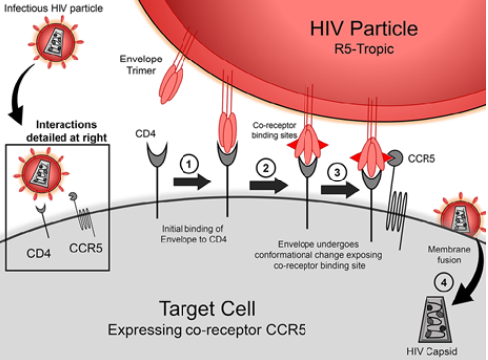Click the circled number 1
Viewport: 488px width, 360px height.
click(189, 164)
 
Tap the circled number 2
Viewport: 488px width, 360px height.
click(266, 168)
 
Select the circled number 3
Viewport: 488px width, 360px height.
click(337, 172)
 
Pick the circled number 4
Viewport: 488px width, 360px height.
click(444, 283)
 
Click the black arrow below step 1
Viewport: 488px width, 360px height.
click(192, 181)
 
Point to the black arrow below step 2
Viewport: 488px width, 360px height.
click(269, 185)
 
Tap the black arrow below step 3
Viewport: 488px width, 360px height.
click(340, 189)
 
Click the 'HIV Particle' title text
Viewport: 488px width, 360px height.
click(364, 28)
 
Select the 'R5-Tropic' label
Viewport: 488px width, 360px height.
click(364, 49)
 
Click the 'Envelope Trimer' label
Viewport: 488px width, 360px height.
click(141, 64)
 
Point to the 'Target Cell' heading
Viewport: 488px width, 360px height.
click(207, 309)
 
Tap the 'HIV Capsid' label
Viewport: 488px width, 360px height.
click(431, 351)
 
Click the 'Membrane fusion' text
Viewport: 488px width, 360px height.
click(449, 254)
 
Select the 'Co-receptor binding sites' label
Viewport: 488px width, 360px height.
click(274, 130)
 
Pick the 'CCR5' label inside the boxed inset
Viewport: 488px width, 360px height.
click(86, 248)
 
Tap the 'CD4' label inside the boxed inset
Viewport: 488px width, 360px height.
click(39, 253)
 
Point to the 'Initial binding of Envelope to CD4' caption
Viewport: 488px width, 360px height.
click(193, 234)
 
